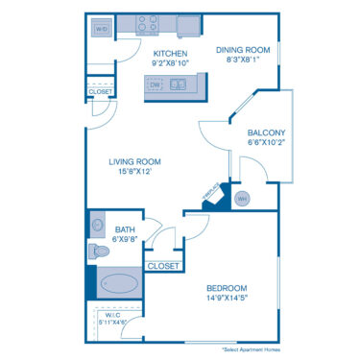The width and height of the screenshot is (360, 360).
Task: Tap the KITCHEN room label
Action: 170,53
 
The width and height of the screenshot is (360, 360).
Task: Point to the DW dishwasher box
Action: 156,84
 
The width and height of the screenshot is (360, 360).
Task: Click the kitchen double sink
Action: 180,84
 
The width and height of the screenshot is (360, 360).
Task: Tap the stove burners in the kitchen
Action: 156,20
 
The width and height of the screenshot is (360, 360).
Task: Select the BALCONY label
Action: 265,132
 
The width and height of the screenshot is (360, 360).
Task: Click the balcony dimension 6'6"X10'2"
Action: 265,142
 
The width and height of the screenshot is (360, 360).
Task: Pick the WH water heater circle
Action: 242,199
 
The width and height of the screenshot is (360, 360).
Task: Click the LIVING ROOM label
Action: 134,161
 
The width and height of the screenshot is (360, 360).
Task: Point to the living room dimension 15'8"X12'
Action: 134,173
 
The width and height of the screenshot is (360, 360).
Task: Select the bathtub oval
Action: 119,284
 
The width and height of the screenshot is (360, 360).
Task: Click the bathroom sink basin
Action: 97,226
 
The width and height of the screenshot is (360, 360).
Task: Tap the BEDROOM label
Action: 228,288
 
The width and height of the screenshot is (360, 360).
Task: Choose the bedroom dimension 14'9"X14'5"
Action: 228,300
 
